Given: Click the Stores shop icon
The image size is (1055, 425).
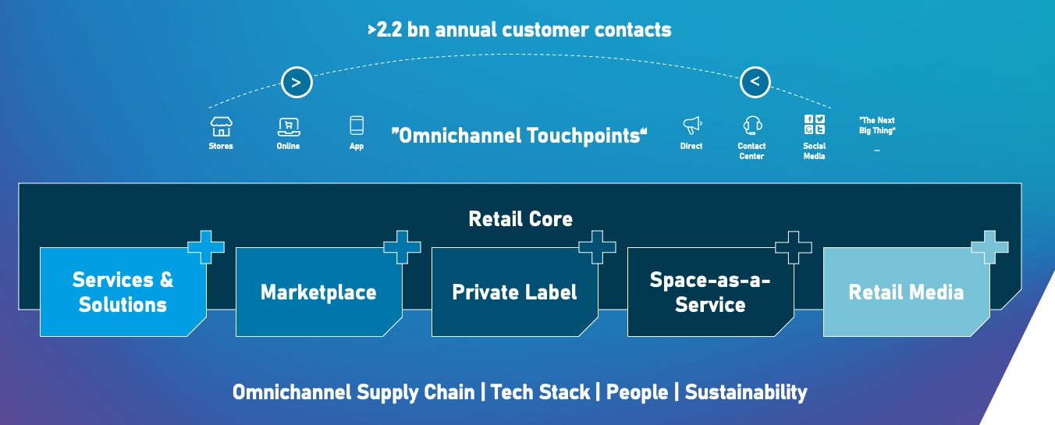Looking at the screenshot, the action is [221, 126].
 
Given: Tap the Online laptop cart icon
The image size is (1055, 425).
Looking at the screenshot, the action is [289, 127].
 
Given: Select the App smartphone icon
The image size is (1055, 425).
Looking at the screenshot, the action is [357, 126].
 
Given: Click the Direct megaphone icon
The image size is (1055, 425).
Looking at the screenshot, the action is [692, 126].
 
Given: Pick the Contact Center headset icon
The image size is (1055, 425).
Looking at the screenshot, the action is [753, 126].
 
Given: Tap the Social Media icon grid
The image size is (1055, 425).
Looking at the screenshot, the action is [815, 125].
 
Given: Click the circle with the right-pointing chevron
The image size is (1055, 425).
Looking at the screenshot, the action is [297, 83].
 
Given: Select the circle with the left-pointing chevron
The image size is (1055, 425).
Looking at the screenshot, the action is [755, 82].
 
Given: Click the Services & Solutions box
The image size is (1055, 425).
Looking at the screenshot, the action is [123, 292].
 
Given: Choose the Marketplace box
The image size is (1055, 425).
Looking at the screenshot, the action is [319, 292].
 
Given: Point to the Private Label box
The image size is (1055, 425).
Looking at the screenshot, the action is [515, 292].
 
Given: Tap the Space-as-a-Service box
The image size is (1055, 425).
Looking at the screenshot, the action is [711, 292].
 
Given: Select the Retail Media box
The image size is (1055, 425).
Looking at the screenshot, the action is [906, 292].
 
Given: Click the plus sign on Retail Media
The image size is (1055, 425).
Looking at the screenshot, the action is [990, 247].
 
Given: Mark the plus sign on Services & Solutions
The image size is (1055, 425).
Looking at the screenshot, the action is [206, 247].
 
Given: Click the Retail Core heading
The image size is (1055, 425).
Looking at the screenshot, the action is [520, 219].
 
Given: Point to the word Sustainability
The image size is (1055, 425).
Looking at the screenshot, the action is [746, 392].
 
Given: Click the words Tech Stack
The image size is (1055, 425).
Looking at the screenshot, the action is [540, 392].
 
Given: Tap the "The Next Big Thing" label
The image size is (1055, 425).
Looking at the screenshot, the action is [877, 126].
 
